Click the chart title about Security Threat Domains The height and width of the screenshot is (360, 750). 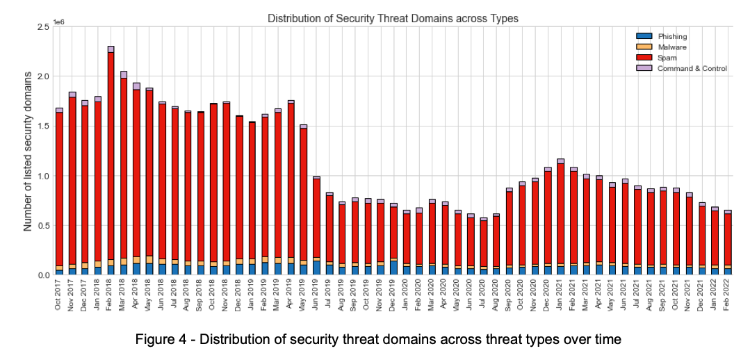(x=393, y=19)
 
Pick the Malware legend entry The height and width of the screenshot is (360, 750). (x=668, y=47)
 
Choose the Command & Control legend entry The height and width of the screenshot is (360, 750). (x=692, y=68)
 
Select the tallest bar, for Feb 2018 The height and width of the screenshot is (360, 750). (x=111, y=160)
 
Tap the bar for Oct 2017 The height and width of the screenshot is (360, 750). (x=59, y=191)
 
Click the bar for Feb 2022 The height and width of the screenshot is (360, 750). (x=728, y=243)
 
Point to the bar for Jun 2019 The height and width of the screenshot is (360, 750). (x=316, y=226)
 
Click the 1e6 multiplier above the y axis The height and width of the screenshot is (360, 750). (x=58, y=23)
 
